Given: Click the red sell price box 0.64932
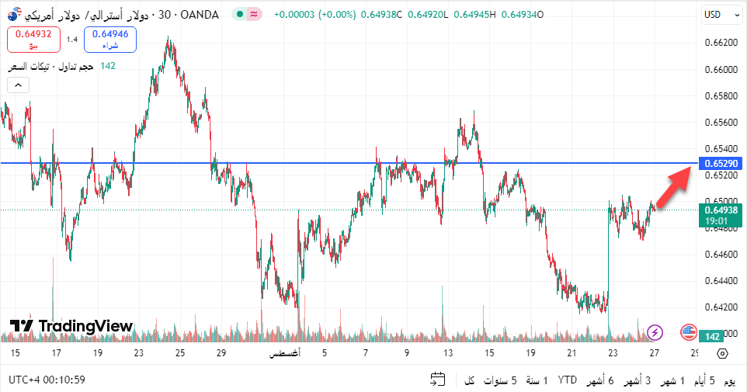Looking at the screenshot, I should [33, 39].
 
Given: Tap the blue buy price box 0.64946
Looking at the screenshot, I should [110, 39].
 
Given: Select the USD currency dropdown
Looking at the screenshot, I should [717, 14].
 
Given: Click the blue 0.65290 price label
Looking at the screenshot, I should [721, 164].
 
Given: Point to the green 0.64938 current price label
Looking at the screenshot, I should [721, 215].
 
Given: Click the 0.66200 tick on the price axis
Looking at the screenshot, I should [721, 43].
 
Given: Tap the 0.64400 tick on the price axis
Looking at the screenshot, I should [721, 280].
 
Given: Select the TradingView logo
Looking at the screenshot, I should [71, 326].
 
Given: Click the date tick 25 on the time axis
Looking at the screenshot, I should [180, 353].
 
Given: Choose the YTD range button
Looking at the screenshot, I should [568, 380].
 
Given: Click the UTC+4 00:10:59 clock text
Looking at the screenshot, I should [47, 380].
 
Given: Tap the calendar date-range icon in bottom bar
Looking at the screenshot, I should [438, 380].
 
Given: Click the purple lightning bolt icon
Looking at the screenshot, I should [655, 333].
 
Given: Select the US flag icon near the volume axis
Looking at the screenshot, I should [688, 333].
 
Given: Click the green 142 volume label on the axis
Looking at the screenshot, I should [712, 336].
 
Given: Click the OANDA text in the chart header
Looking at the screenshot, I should [200, 14].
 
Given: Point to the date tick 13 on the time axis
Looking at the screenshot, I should [448, 353].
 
